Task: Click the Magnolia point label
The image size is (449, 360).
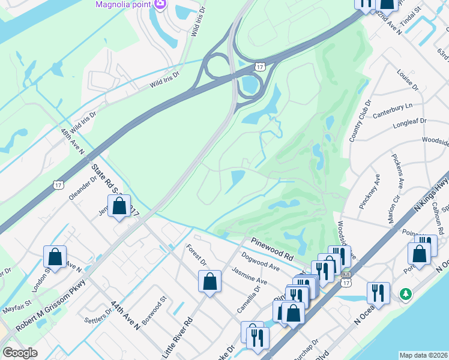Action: tap(124, 5)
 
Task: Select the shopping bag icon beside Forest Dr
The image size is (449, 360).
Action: tap(209, 281)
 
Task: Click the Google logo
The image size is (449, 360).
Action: tap(20, 353)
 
